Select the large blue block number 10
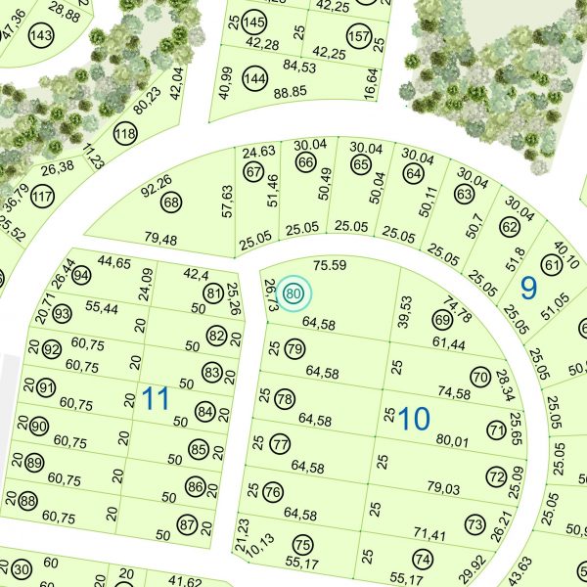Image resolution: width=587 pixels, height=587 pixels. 414,419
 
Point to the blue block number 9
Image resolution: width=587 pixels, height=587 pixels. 529,289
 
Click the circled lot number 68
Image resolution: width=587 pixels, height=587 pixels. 172,203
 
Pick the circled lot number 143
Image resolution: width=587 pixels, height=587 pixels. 40,36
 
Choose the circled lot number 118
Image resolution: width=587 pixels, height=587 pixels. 125,134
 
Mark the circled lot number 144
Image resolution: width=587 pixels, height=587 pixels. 254,78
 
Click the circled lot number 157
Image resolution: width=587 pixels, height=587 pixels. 359,36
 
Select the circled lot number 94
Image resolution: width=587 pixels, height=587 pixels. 81,276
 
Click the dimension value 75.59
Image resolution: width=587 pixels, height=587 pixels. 330,265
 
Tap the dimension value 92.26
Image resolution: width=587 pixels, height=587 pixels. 157,180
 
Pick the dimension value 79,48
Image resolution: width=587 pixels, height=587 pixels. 159,240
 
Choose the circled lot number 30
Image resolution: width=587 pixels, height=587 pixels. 22,569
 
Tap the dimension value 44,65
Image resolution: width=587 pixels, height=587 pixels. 114,262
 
